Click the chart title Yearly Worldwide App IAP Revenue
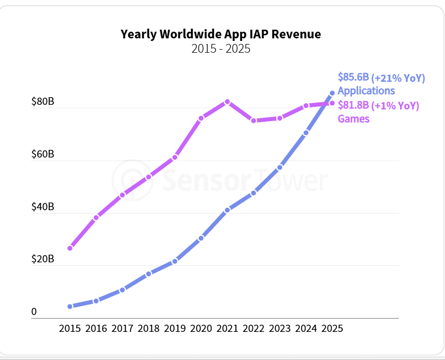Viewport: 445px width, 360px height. tap(221, 34)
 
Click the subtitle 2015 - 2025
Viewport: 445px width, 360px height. tap(221, 49)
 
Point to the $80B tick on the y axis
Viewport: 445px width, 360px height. tap(42, 102)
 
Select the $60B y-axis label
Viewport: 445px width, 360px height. tap(42, 154)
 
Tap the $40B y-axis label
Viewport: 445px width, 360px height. tap(42, 207)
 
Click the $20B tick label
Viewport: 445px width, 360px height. tap(42, 259)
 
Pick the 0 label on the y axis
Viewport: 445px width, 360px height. tap(34, 311)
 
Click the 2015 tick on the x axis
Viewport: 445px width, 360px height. tap(69, 328)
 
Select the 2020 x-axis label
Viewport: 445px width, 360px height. tap(201, 328)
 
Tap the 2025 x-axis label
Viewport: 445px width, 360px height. tap(332, 328)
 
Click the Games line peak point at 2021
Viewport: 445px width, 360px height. tap(227, 102)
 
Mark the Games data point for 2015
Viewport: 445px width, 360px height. tap(70, 248)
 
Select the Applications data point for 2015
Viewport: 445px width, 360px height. tap(70, 306)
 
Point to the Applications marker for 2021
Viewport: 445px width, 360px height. tap(227, 210)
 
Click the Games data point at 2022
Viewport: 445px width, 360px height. tap(253, 121)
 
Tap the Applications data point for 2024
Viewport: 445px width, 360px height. tap(306, 133)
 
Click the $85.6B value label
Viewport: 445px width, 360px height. tap(353, 77)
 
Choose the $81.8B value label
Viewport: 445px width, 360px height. tap(353, 106)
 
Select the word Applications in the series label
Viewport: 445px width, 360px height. tap(366, 91)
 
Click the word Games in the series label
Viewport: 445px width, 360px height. tap(354, 119)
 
